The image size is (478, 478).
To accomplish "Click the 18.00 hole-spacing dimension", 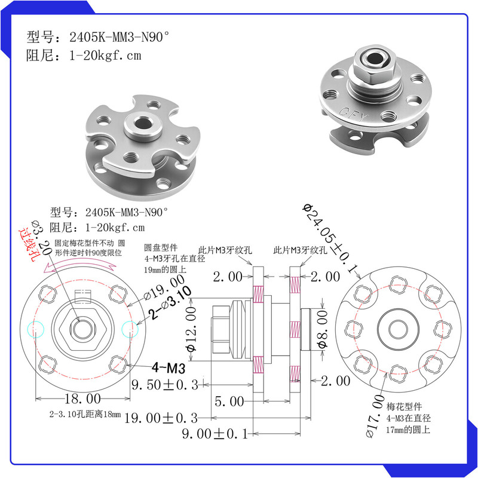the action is pyautogui.click(x=82, y=399).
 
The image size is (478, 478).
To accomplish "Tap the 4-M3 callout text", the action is pyautogui.click(x=168, y=368).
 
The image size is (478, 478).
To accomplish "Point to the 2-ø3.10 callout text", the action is pyautogui.click(x=170, y=303).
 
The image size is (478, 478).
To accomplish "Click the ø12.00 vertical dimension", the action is pyautogui.click(x=191, y=329).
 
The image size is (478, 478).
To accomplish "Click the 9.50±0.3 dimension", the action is pyautogui.click(x=165, y=385).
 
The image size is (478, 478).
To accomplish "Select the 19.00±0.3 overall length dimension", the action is pyautogui.click(x=161, y=418).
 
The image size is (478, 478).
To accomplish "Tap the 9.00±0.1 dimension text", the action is pyautogui.click(x=215, y=434).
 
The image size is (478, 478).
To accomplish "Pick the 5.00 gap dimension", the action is pyautogui.click(x=229, y=402).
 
